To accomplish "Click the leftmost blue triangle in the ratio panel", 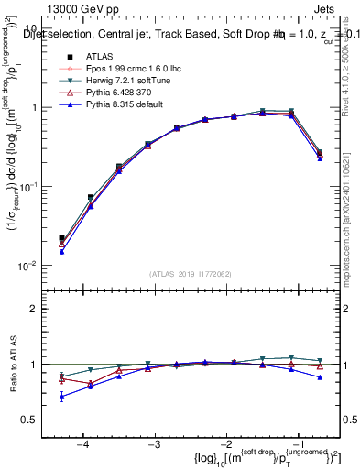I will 61,397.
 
